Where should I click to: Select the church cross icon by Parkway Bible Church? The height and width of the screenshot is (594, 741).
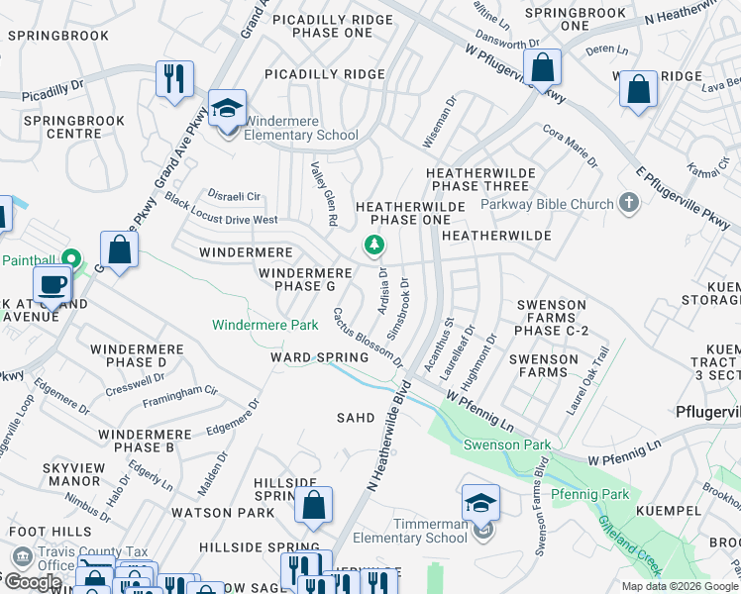(627, 204)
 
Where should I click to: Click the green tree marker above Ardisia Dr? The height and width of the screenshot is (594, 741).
(374, 244)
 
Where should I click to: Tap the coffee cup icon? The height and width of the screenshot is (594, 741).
(52, 284)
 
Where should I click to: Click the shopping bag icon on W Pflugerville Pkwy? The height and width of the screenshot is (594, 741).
(542, 68)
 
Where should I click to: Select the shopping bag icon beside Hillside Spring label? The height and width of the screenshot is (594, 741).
(313, 506)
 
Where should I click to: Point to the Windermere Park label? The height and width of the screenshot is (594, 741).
(265, 325)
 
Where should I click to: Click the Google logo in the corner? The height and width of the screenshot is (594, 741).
(32, 581)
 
